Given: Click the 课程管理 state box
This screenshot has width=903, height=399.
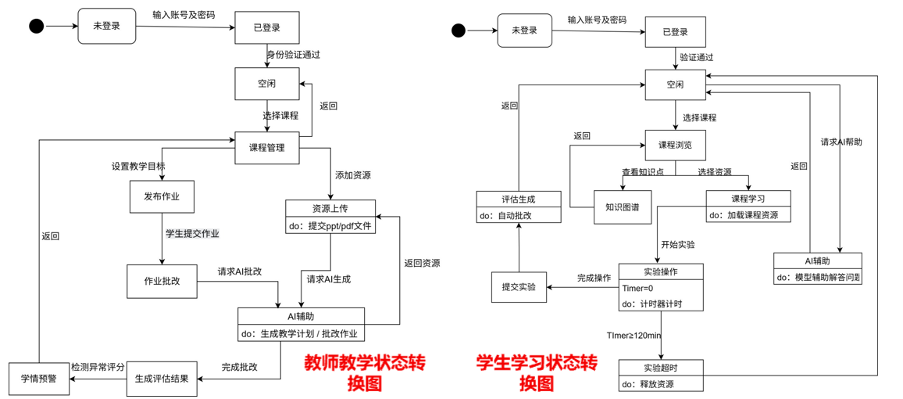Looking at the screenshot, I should coord(267,148).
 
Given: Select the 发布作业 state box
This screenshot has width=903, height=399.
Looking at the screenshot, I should coord(161,196).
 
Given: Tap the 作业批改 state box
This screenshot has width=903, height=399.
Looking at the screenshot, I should coord(161,281).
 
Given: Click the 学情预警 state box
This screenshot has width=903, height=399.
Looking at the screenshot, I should coord(39,379).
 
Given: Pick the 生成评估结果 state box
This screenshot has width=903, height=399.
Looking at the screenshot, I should coord(161,379).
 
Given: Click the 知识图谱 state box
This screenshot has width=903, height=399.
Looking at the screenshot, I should coord(623,207).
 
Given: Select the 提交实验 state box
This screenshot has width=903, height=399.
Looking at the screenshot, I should coord(519,287).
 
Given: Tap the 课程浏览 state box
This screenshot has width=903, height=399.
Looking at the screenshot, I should coord(675,146).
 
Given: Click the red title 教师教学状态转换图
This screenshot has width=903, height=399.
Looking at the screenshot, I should coord(365,372).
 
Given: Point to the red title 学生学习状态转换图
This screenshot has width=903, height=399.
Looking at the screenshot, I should coord(537,372).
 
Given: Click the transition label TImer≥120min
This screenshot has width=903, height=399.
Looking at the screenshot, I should coord(634,336).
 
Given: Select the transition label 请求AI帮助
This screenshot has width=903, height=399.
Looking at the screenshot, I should coord(841,142).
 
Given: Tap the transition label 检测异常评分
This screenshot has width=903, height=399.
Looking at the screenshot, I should coord(98,367).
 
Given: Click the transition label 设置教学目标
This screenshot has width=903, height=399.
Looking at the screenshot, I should coord(137,167).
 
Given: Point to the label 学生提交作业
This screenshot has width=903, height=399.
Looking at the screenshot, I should coord(191,233).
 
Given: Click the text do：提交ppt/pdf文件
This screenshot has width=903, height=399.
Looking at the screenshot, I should coord(330,226).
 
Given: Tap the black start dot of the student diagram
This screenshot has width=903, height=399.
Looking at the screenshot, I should coord(459,31).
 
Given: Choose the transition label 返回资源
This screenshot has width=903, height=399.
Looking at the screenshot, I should coord(422,263).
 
